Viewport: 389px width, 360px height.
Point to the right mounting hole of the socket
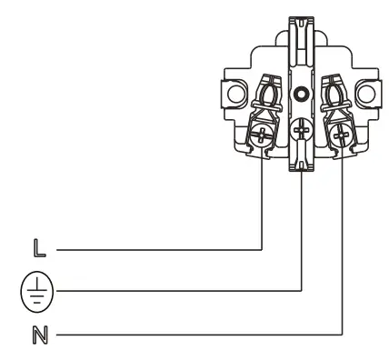367,93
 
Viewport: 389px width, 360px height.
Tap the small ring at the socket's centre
302,92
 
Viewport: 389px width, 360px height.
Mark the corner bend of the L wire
262,247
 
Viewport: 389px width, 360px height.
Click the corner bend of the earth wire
302,290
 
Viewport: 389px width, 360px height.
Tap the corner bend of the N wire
343,333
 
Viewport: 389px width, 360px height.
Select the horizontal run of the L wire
155,247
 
